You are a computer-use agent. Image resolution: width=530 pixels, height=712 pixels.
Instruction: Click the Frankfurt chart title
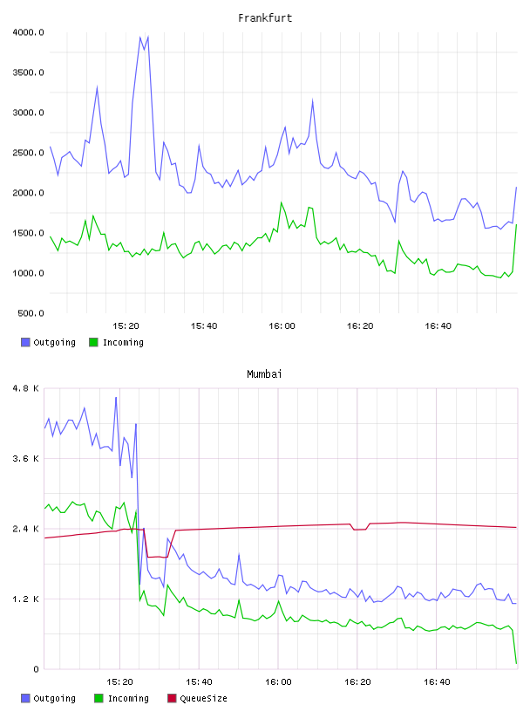265,18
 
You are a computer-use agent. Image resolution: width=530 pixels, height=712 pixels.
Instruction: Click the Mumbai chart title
264,374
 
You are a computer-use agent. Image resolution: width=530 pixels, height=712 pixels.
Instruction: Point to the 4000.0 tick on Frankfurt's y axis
28,32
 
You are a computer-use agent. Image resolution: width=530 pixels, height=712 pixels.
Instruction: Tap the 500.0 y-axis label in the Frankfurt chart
31,313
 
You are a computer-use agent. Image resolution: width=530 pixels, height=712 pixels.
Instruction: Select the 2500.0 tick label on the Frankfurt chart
28,153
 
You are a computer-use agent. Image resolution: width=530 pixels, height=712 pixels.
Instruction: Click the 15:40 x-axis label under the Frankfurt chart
204,326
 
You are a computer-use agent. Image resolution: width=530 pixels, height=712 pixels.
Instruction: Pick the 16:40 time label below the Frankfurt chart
438,326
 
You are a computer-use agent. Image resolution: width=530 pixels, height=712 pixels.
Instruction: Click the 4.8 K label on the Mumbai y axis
26,388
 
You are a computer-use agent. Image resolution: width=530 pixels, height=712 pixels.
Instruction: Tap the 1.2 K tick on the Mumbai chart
26,599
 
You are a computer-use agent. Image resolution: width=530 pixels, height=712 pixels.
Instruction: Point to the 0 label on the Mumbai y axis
37,669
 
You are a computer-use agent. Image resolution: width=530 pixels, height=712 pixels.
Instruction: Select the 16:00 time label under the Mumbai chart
278,682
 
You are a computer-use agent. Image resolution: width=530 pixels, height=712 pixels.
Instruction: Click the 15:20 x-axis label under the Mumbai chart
119,682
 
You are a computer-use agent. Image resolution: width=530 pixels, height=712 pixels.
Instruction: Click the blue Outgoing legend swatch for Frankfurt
25,342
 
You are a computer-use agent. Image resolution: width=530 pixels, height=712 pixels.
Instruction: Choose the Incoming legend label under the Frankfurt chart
123,342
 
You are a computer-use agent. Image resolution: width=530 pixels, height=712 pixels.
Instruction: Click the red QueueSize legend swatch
172,698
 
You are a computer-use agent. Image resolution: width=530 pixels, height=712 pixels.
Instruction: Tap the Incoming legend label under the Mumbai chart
128,698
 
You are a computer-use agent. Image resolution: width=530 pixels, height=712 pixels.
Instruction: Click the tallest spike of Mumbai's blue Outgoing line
116,398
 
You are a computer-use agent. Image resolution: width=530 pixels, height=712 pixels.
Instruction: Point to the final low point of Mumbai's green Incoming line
516,663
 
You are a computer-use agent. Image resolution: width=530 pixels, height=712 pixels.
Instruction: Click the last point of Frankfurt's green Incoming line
516,225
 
